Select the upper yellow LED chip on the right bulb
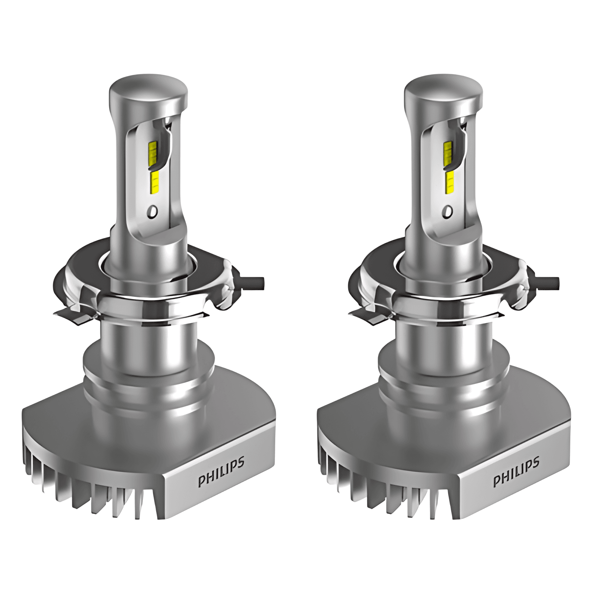[x=448, y=150]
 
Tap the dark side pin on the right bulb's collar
[x=550, y=282]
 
